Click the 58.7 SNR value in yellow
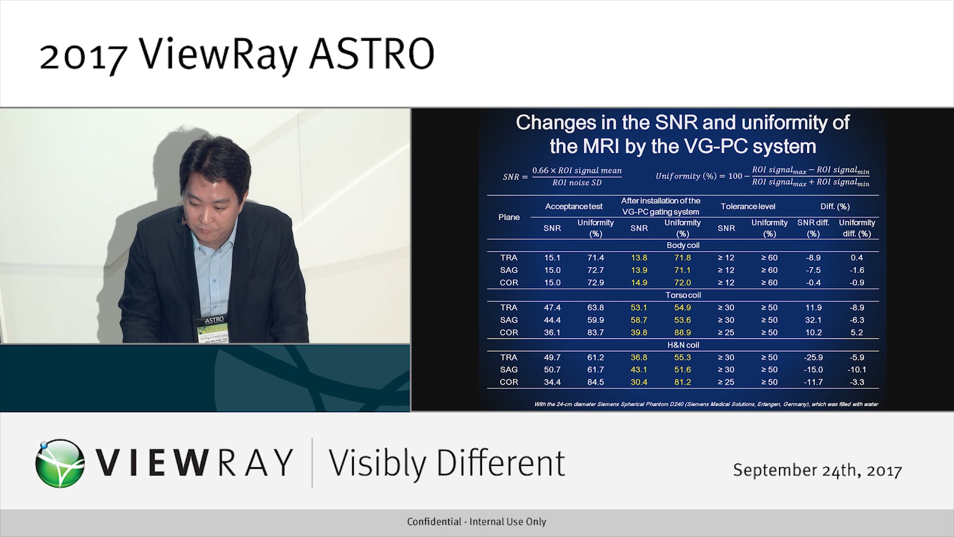[x=638, y=320]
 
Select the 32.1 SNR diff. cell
[x=813, y=320]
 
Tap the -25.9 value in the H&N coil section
[x=813, y=357]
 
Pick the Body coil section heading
[x=683, y=245]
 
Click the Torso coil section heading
[x=683, y=295]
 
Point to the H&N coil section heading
[x=683, y=345]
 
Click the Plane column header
[x=509, y=217]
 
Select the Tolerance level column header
[x=748, y=206]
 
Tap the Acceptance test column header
[x=573, y=206]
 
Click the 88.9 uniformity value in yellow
[x=682, y=332]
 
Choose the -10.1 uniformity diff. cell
[x=857, y=369]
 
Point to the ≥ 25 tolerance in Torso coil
[x=726, y=332]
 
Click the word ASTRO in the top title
[x=372, y=54]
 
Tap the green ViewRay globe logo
[x=60, y=463]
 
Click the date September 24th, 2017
[x=817, y=470]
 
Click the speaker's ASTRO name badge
[x=214, y=328]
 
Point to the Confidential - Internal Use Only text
[x=476, y=522]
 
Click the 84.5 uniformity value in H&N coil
[x=595, y=382]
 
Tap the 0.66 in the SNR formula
[x=540, y=171]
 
